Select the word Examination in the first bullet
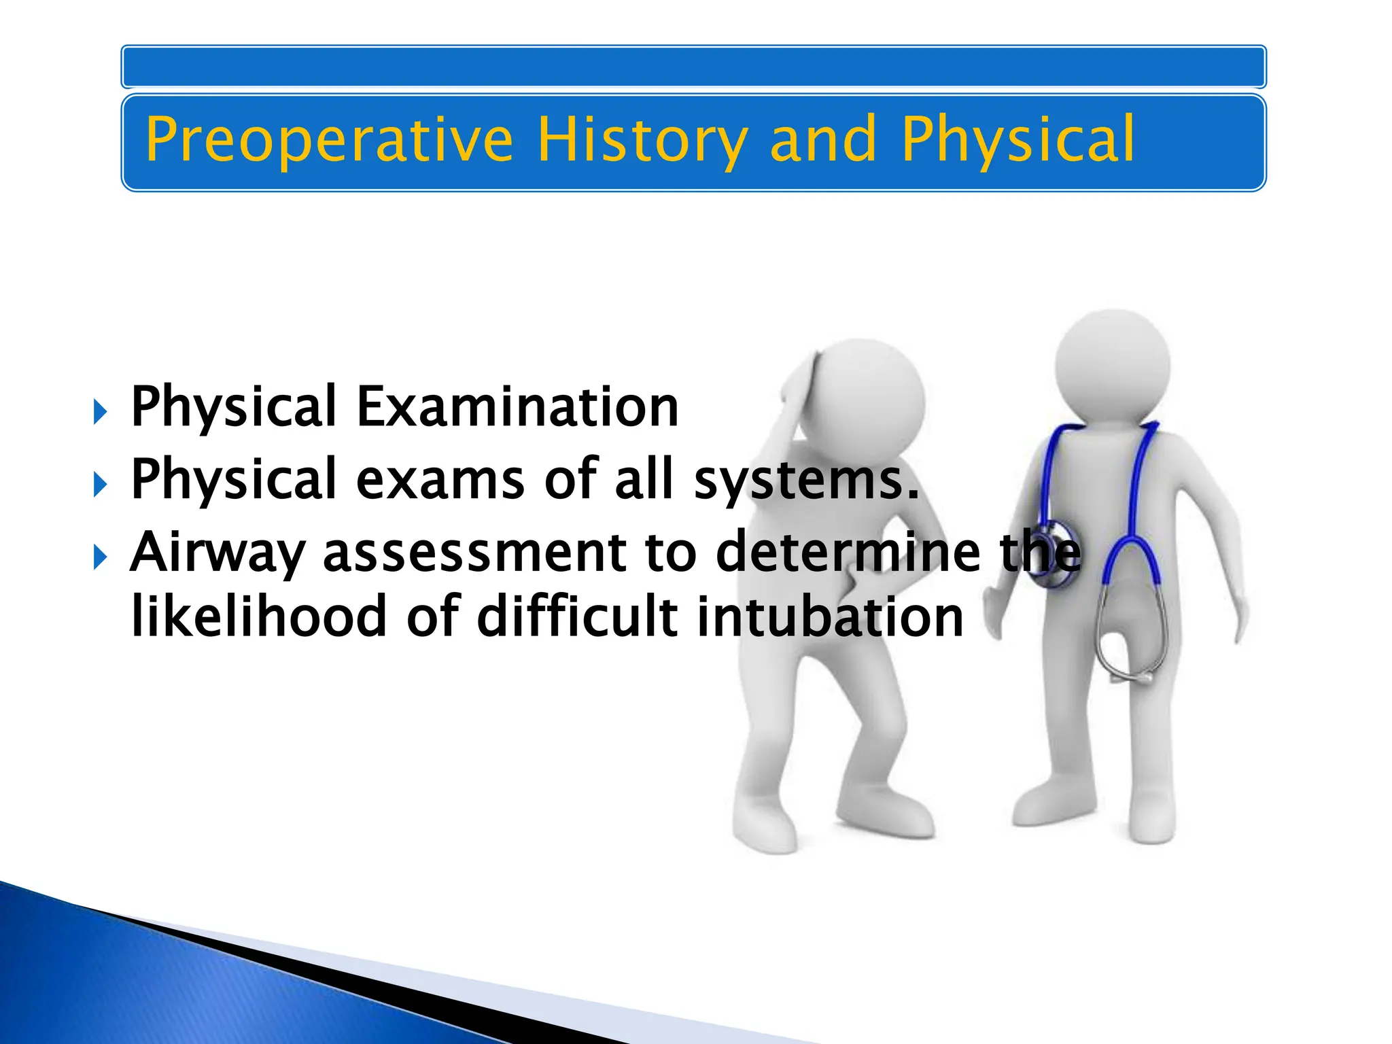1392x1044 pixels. click(517, 406)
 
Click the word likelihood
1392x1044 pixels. click(259, 616)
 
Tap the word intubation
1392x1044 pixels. click(830, 616)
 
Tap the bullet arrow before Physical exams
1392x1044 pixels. click(100, 485)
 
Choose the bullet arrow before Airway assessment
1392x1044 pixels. click(100, 557)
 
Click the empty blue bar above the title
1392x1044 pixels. click(693, 67)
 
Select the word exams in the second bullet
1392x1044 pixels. click(440, 480)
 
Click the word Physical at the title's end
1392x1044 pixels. click(1017, 140)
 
